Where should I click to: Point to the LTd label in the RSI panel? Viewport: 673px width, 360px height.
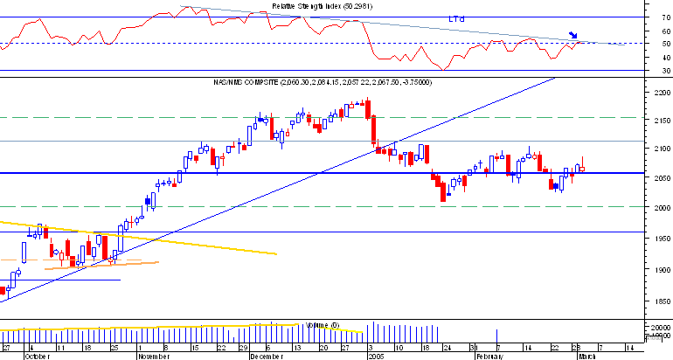pos(456,18)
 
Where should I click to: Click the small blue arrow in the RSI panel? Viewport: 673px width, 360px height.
pos(573,36)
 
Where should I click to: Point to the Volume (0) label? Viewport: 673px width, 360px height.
pos(321,325)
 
